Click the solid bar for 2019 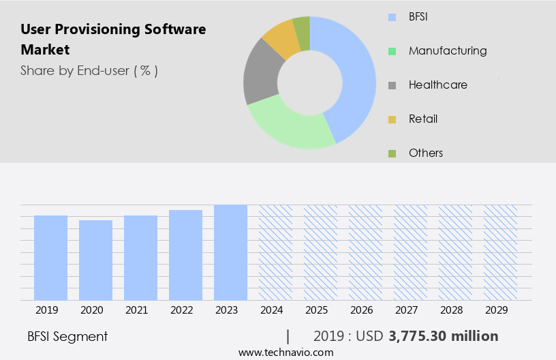click(x=50, y=258)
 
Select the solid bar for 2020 click(x=95, y=260)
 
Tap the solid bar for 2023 click(x=230, y=252)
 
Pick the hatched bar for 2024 click(x=275, y=252)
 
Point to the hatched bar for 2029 click(x=500, y=252)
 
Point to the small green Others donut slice click(x=301, y=33)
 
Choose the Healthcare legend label click(x=437, y=85)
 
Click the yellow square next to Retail click(x=392, y=119)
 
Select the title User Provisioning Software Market click(x=113, y=40)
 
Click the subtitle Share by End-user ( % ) click(x=89, y=70)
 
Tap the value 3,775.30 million click(x=443, y=336)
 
